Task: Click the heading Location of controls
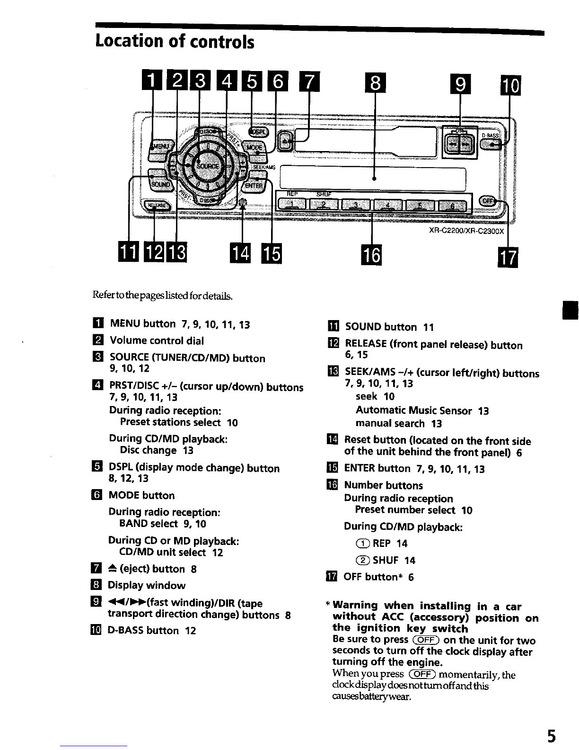(175, 41)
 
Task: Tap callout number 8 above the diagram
(375, 83)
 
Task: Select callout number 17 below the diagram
(508, 257)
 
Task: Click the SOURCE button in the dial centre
(207, 166)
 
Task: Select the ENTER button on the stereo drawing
(254, 185)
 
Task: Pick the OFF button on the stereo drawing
(488, 201)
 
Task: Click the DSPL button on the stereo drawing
(258, 132)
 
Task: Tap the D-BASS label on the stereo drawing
(490, 135)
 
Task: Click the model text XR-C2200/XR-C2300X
(466, 231)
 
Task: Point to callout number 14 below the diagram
(240, 253)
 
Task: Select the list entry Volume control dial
(157, 340)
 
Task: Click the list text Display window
(147, 585)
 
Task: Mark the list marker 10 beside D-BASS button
(96, 630)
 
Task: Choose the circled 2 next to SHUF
(363, 560)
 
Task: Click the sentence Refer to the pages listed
(162, 296)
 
